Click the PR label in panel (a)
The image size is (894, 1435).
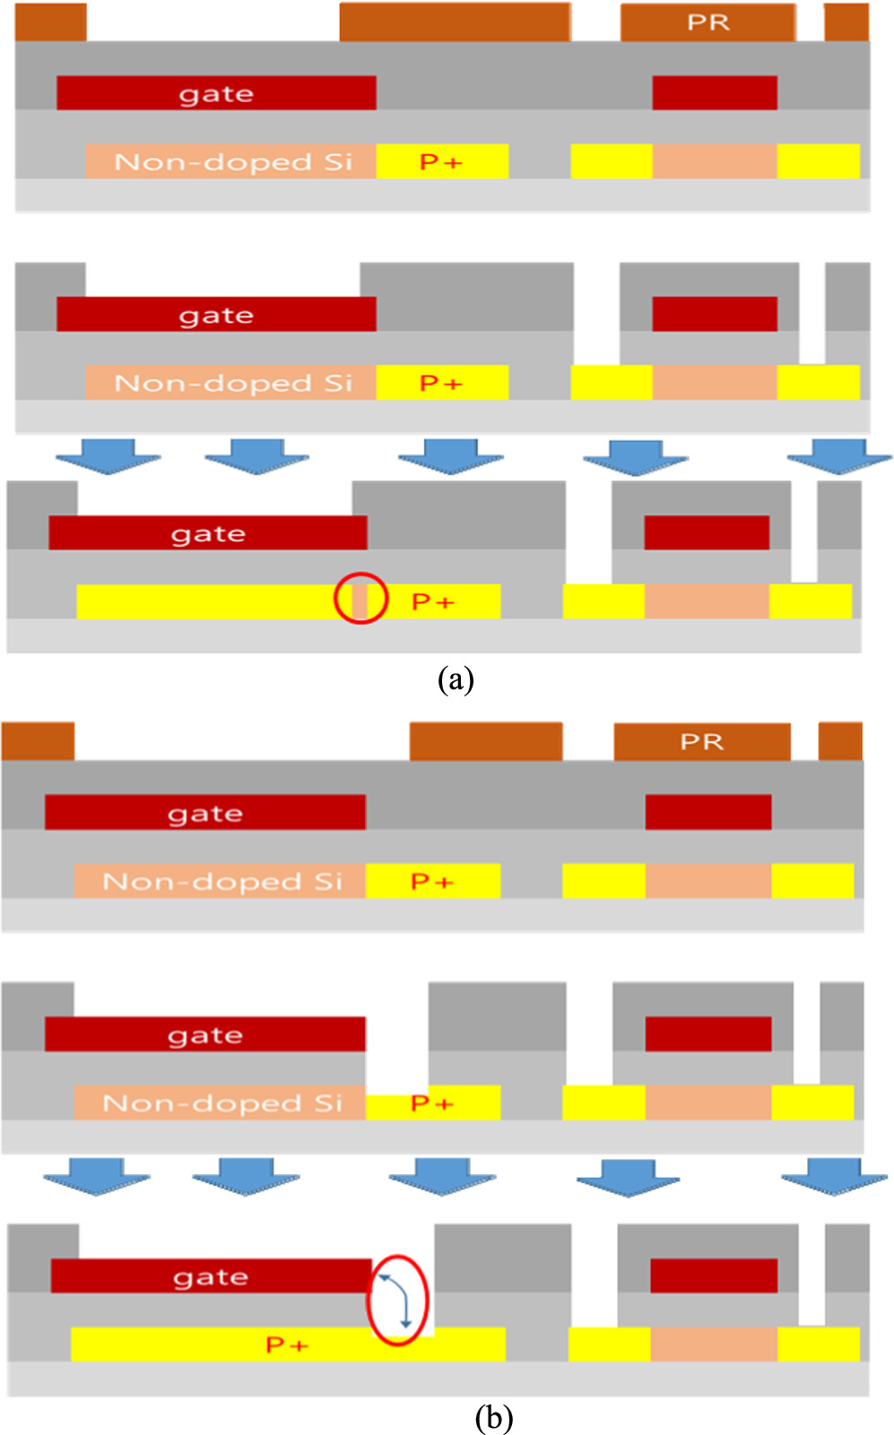707,22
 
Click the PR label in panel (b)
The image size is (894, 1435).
700,742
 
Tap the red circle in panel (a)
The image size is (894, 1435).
360,598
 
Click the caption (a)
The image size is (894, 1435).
456,679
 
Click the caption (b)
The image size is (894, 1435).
493,1418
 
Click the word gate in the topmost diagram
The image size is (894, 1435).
216,93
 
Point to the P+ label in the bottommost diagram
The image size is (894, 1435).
287,1344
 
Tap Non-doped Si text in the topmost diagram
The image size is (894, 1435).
233,161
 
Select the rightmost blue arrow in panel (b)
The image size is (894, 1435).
834,1175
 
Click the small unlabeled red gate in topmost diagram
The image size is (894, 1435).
714,92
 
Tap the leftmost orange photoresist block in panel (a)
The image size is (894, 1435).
50,22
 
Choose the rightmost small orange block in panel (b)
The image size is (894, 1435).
840,741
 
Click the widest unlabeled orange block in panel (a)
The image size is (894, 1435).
455,22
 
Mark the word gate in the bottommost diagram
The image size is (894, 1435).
211,1275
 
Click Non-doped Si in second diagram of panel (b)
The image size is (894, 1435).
222,1102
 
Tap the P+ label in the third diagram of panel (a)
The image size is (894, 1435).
432,601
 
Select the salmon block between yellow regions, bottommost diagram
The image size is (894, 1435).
713,1344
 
